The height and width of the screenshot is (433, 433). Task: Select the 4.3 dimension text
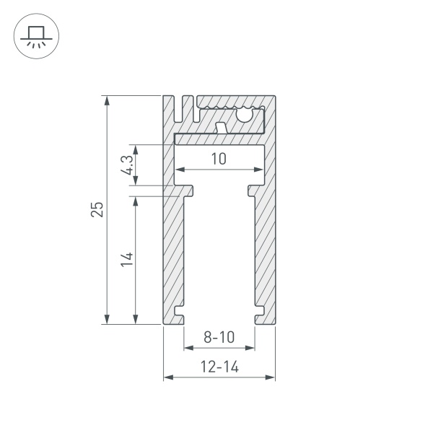127,165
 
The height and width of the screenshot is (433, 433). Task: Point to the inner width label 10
219,159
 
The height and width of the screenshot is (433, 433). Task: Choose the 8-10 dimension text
219,337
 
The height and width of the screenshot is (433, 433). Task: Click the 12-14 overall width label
219,367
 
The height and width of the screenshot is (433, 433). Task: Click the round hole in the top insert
245,113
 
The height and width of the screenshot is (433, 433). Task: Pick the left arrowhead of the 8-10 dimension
187,348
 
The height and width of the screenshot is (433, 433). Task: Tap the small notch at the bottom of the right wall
259,316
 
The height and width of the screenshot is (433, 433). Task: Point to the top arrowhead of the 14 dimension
136,199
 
